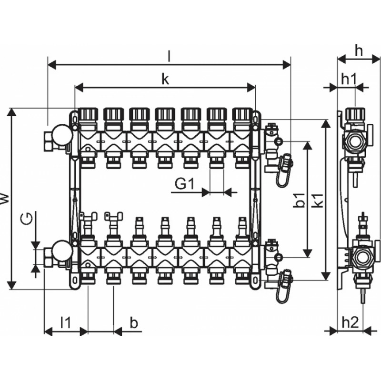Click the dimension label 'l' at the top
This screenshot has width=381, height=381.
click(x=169, y=56)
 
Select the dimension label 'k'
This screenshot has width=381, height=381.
click(x=165, y=80)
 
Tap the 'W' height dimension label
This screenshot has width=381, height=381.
click(x=5, y=199)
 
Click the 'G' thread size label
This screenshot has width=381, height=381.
click(x=28, y=220)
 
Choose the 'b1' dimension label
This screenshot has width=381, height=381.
click(x=299, y=201)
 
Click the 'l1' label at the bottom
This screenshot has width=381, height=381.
click(x=65, y=322)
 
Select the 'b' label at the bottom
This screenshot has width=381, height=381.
click(x=134, y=322)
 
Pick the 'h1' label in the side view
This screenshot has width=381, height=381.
click(x=348, y=80)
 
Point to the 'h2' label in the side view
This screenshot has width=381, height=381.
click(x=350, y=322)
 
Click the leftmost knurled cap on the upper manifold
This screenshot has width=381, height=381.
click(x=88, y=114)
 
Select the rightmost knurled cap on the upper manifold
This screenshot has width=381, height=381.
click(x=242, y=114)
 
